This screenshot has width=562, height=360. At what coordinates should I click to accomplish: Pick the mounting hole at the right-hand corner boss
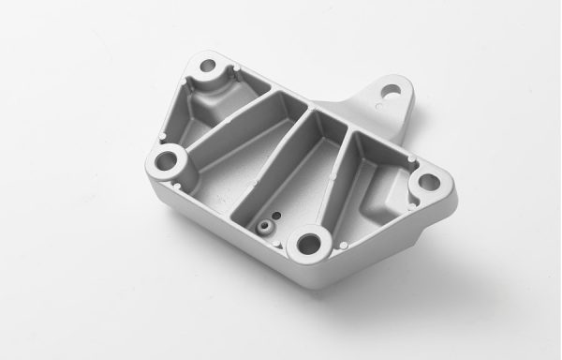(x=427, y=181)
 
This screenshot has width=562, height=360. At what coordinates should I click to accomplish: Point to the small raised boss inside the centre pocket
(x=265, y=226)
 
